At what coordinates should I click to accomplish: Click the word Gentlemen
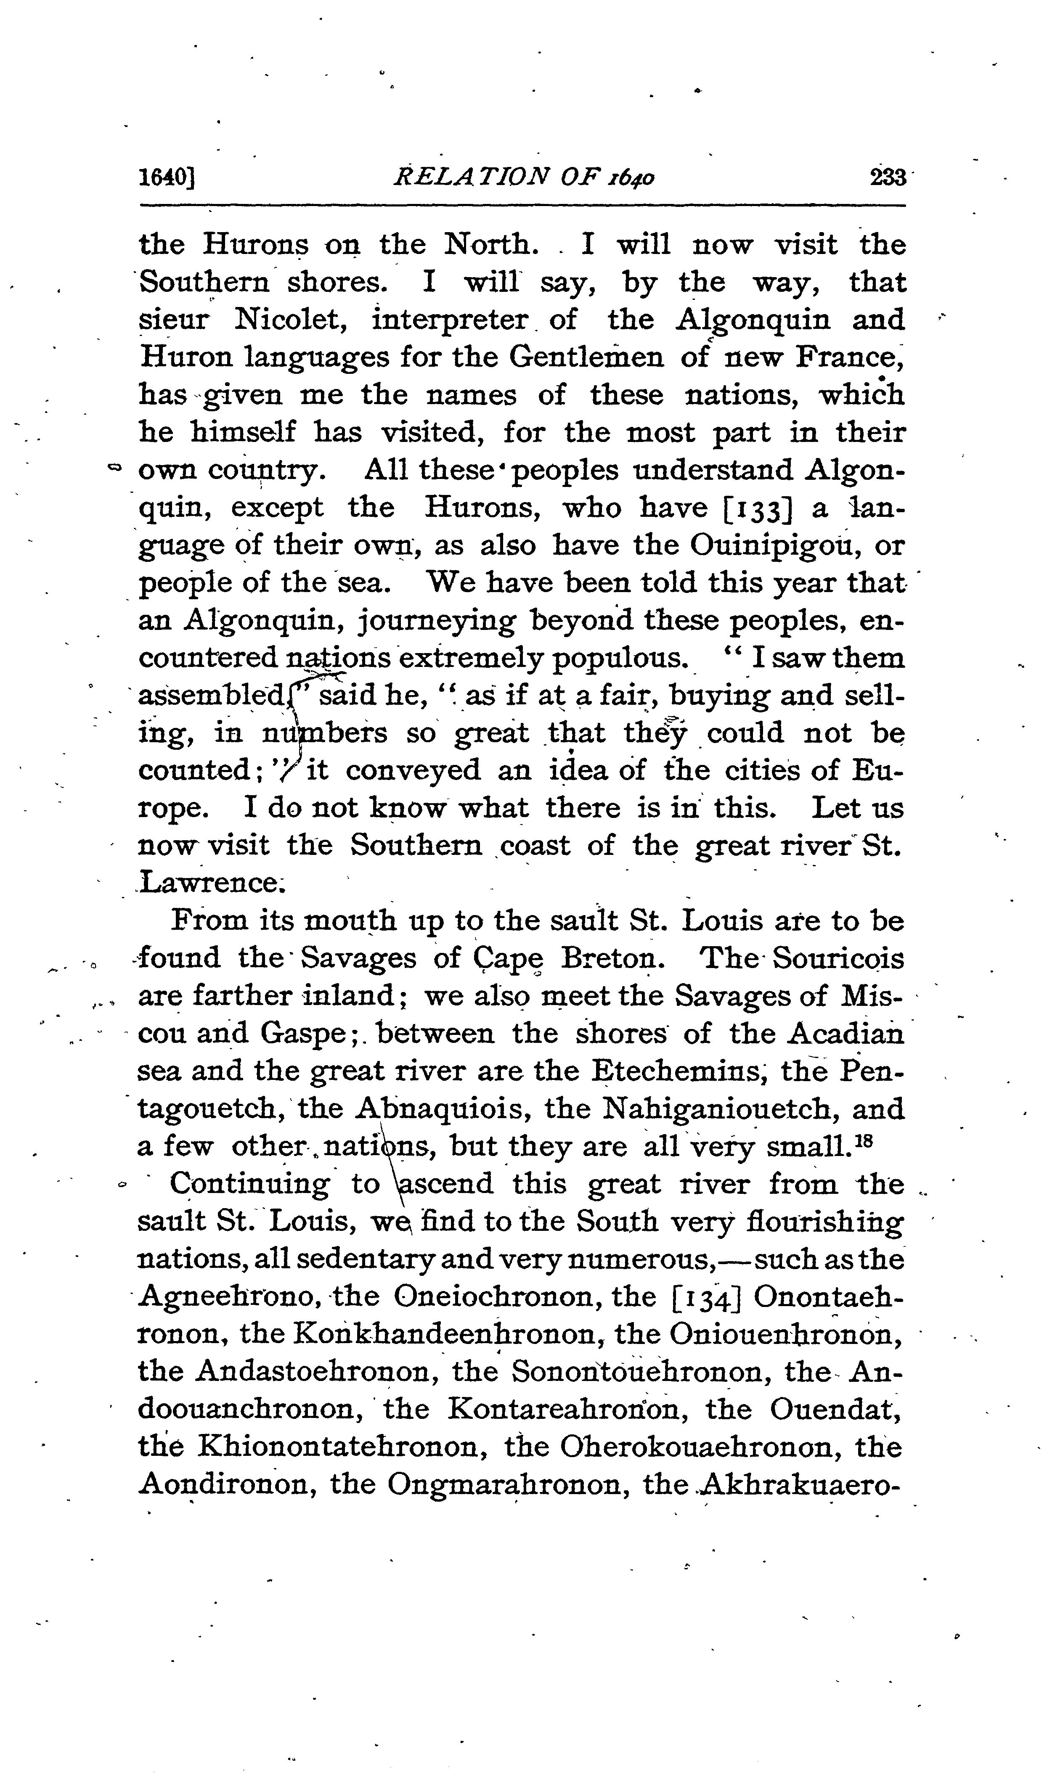pyautogui.click(x=586, y=357)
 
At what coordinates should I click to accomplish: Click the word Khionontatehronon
pyautogui.click(x=344, y=1447)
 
